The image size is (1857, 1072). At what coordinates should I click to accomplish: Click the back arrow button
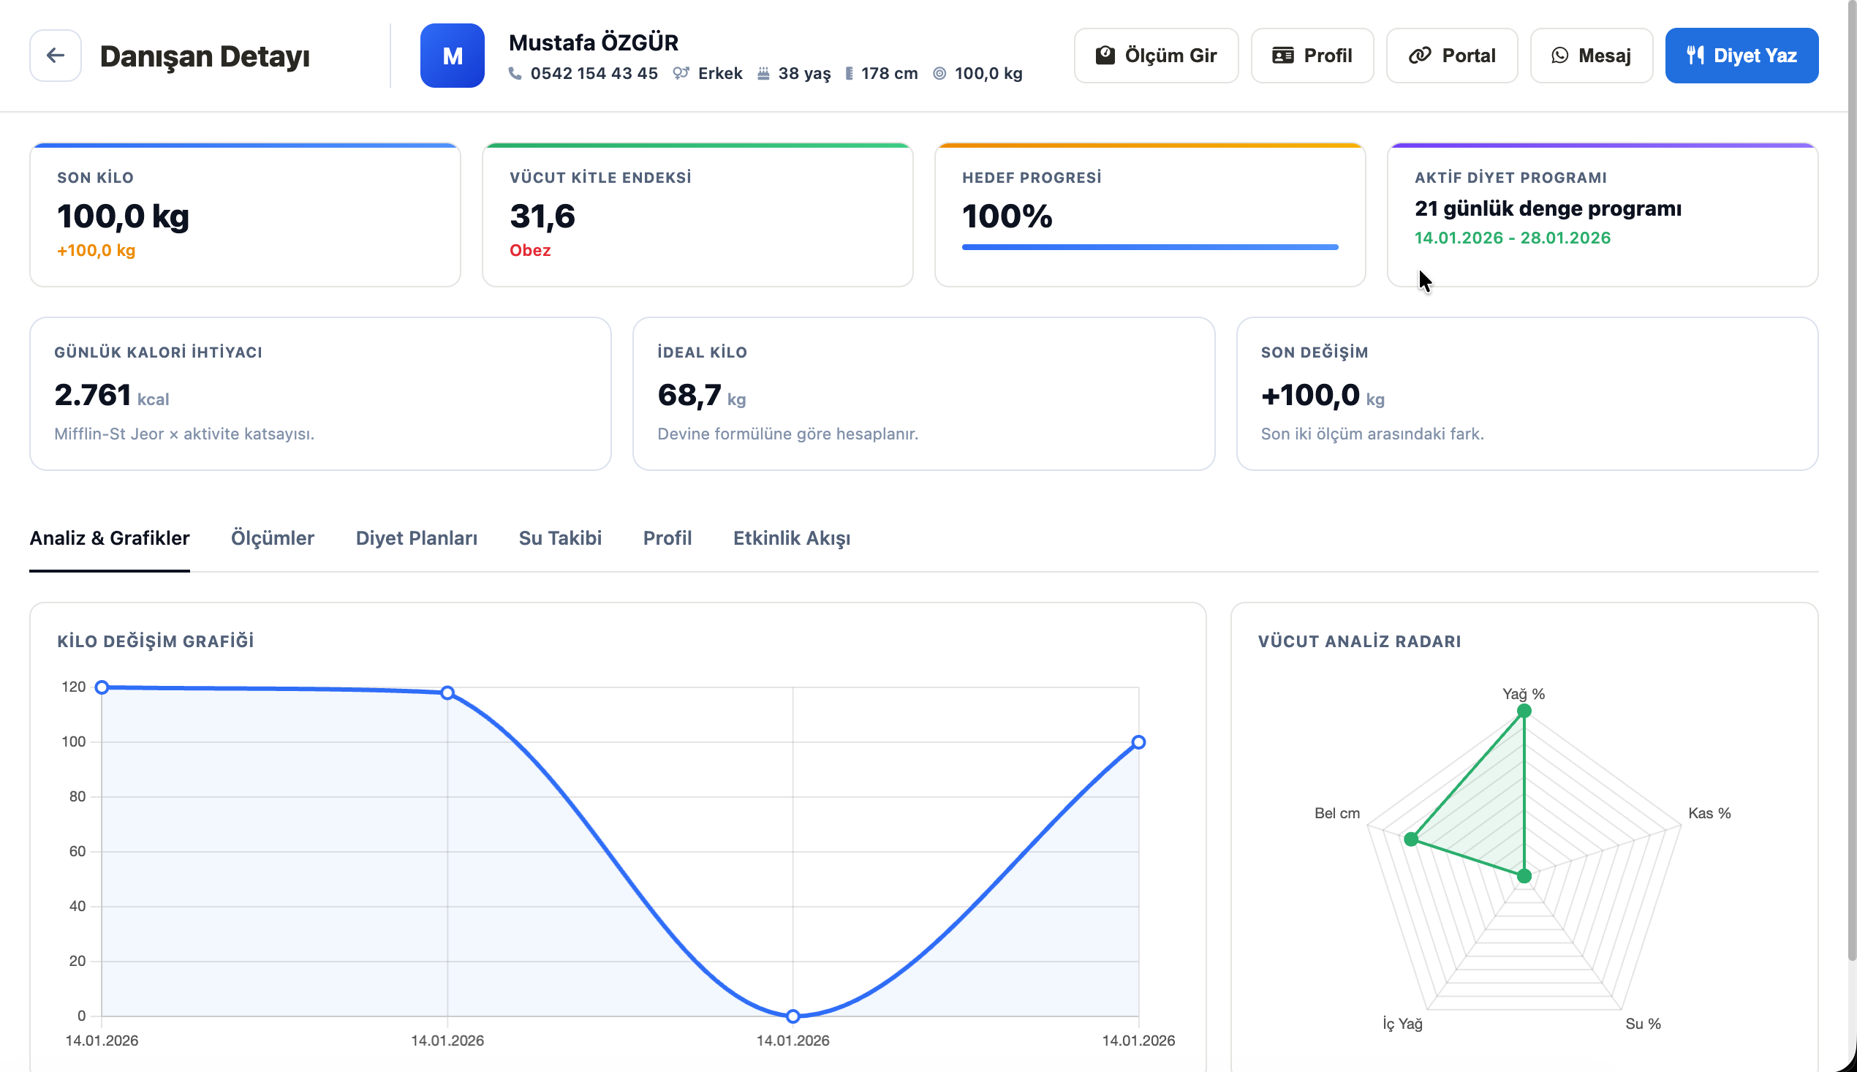click(56, 56)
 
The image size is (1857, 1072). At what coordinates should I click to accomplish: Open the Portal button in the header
click(1451, 56)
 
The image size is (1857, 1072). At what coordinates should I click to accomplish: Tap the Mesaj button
click(1592, 56)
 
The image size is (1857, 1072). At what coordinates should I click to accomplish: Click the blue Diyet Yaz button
click(1741, 56)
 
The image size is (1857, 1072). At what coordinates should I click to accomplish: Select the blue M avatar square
click(452, 56)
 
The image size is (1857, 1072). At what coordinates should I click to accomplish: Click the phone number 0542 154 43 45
click(594, 74)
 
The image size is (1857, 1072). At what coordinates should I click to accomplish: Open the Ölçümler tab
click(272, 538)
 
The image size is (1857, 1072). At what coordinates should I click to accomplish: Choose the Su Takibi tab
click(560, 538)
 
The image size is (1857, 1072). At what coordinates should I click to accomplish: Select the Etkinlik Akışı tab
click(791, 538)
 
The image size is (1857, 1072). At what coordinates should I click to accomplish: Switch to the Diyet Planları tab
click(417, 538)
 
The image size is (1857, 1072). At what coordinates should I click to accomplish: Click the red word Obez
click(530, 250)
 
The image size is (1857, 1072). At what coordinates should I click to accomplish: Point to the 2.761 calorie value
click(93, 396)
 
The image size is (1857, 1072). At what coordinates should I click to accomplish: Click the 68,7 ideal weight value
click(689, 396)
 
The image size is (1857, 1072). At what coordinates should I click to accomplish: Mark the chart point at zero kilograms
click(793, 1016)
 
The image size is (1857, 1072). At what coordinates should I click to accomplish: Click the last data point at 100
click(1138, 742)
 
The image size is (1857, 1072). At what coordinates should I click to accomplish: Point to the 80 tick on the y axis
click(77, 796)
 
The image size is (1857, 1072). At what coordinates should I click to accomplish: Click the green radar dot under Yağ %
click(1524, 711)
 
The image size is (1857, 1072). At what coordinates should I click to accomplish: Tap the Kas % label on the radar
click(1709, 814)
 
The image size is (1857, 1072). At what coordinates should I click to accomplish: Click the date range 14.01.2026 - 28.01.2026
click(1513, 238)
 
